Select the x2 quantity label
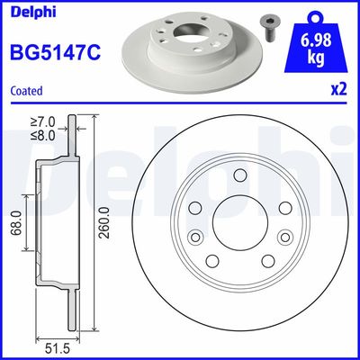(x=338, y=91)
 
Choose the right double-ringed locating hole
(x=286, y=238)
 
